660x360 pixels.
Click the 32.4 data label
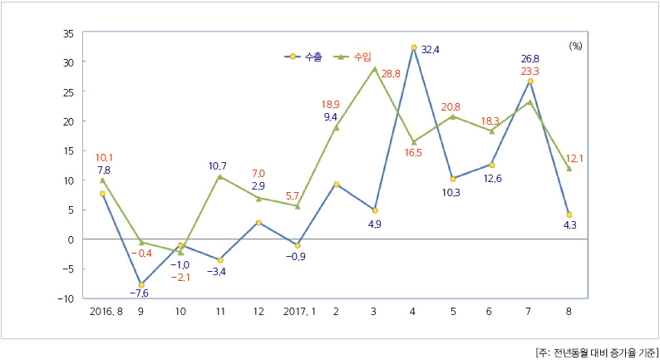(431, 50)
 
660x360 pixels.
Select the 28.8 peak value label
(392, 75)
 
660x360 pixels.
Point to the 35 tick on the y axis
(68, 33)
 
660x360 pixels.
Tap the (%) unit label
(575, 47)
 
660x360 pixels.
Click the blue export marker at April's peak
(414, 47)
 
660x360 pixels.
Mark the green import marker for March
(375, 69)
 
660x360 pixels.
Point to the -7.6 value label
(139, 293)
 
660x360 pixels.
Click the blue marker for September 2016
(141, 284)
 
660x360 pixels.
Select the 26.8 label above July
(530, 59)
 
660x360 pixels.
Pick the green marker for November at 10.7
(219, 176)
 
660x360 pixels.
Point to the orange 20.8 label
(451, 107)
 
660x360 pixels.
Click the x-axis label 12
(259, 312)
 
